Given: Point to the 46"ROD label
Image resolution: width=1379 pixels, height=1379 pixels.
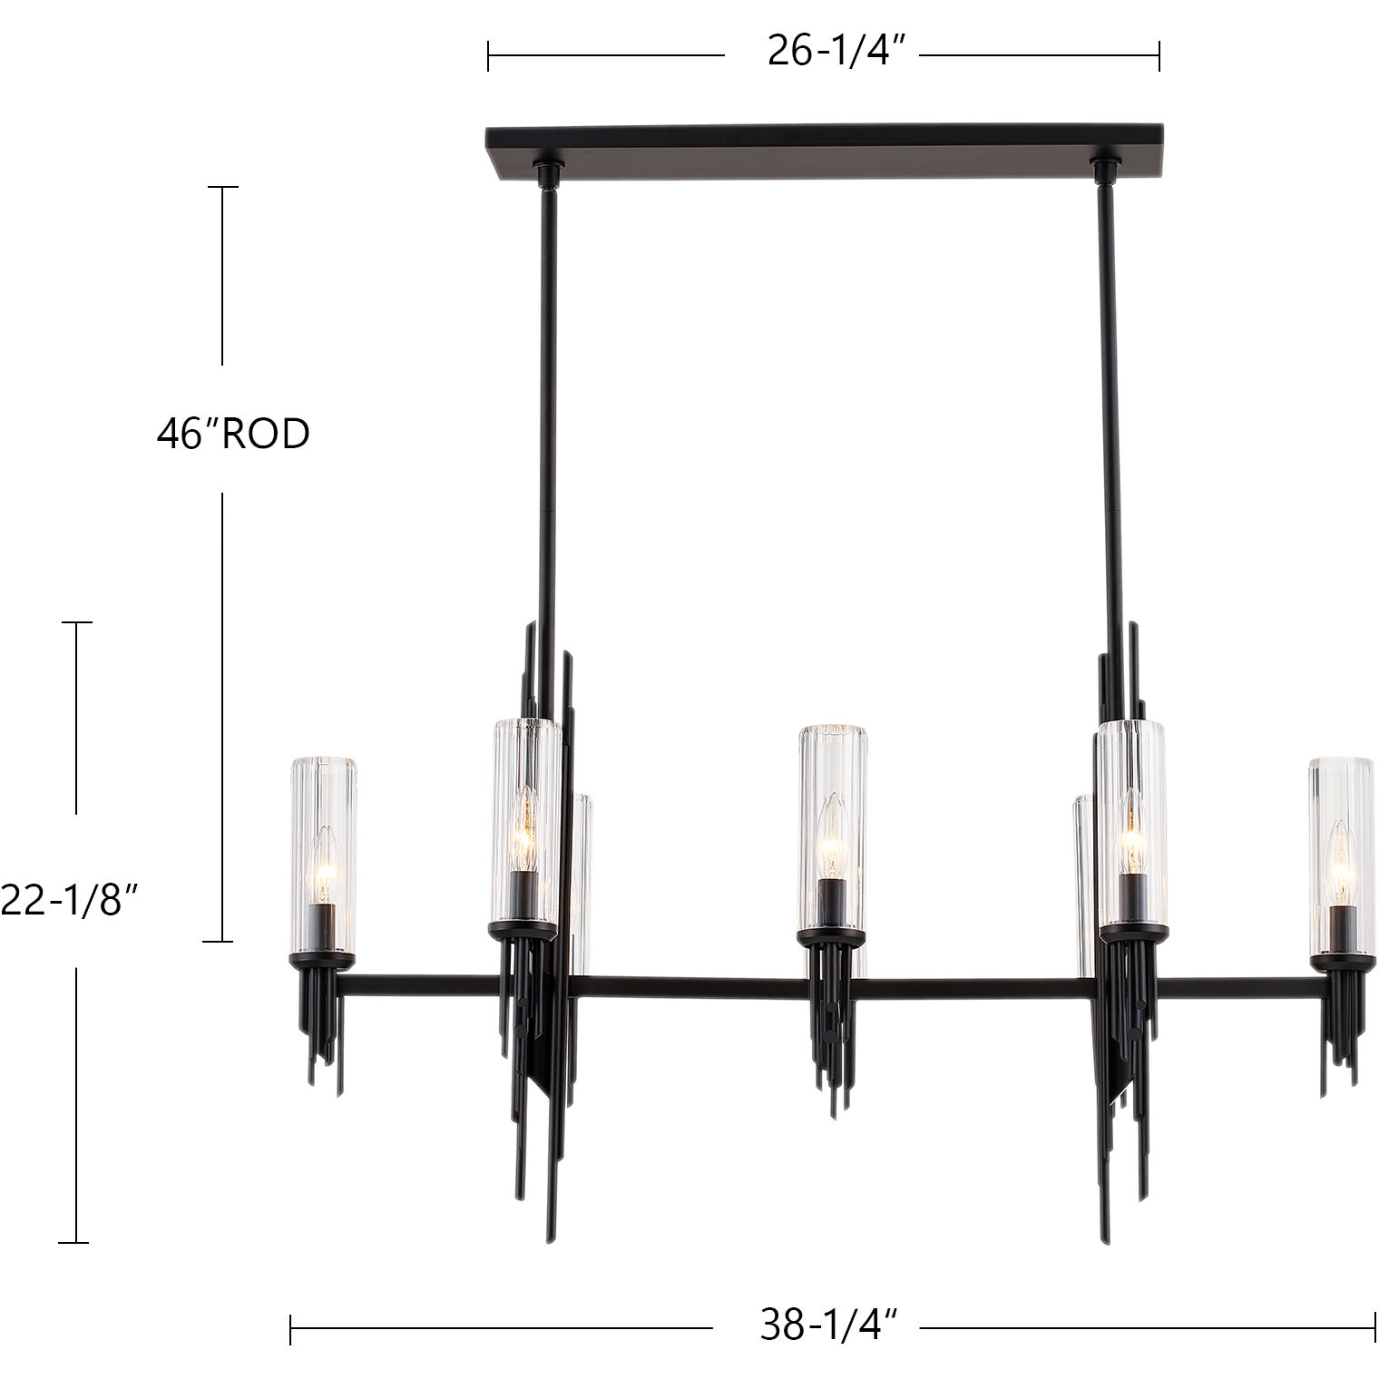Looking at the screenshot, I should point(233,434).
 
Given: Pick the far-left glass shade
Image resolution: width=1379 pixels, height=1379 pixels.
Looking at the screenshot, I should point(323,853).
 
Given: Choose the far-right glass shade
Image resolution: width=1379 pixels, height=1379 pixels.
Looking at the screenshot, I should point(1341,853).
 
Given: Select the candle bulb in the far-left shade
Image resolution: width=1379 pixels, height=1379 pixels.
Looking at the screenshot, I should point(322,866).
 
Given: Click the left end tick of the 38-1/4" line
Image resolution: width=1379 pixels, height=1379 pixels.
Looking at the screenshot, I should point(291,1329).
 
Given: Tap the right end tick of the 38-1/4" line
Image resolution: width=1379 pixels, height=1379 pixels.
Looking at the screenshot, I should point(1375,1329).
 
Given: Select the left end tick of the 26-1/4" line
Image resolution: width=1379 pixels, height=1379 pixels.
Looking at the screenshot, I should point(488,55).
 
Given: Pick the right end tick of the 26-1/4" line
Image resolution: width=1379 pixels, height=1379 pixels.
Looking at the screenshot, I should point(1159,55).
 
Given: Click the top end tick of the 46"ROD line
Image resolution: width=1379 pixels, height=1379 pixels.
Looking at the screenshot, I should point(223,187).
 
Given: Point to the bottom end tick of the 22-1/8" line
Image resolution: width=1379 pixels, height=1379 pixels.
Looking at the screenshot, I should point(75,1242).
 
